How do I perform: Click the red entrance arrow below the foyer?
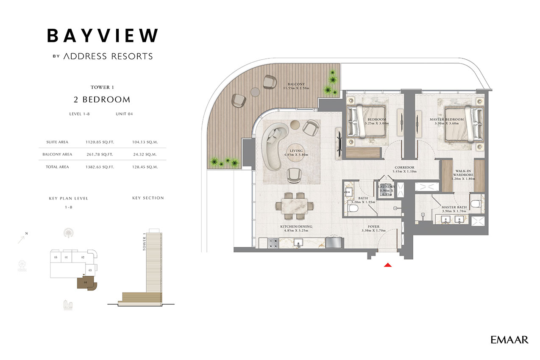[387, 265]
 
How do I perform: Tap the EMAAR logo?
[509, 340]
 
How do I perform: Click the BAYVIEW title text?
[103, 36]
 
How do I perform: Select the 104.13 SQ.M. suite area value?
[145, 142]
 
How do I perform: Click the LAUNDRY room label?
[387, 187]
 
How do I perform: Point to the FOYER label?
[373, 227]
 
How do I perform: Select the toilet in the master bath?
[476, 203]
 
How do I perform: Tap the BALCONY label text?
[295, 84]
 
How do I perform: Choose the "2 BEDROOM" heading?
[102, 100]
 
